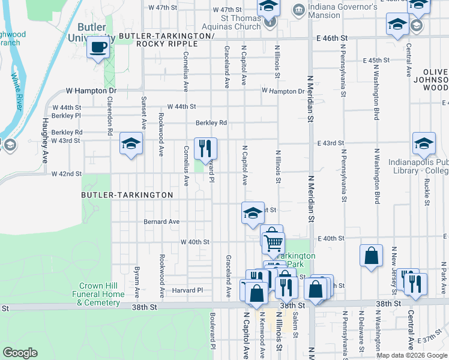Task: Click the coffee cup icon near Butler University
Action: (98, 48)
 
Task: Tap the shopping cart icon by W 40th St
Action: (273, 242)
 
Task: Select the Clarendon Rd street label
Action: (110, 115)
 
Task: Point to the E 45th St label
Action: (376, 61)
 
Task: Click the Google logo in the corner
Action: (20, 353)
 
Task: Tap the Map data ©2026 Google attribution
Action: (411, 355)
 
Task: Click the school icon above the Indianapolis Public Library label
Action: (424, 144)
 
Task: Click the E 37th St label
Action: (430, 339)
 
